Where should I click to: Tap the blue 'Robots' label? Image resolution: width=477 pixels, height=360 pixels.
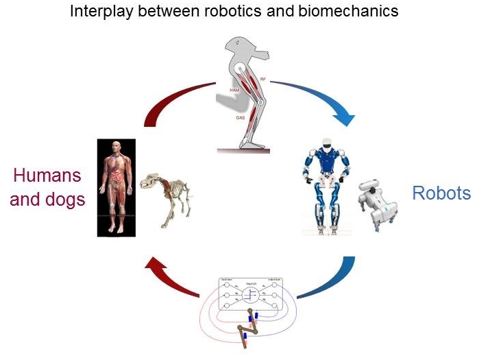click(441, 193)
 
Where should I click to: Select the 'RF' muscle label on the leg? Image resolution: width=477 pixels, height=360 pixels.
click(262, 81)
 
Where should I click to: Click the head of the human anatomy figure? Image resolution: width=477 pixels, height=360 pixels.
click(116, 147)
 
